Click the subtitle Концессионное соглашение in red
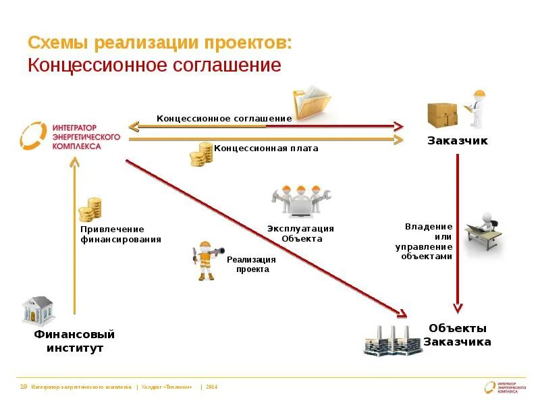154,65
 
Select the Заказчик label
457,141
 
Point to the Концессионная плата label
266,148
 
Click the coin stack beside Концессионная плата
200,155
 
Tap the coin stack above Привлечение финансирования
89,210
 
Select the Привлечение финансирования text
121,234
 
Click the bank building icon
38,310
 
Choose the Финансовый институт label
75,341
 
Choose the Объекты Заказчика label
457,335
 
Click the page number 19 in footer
24,387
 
